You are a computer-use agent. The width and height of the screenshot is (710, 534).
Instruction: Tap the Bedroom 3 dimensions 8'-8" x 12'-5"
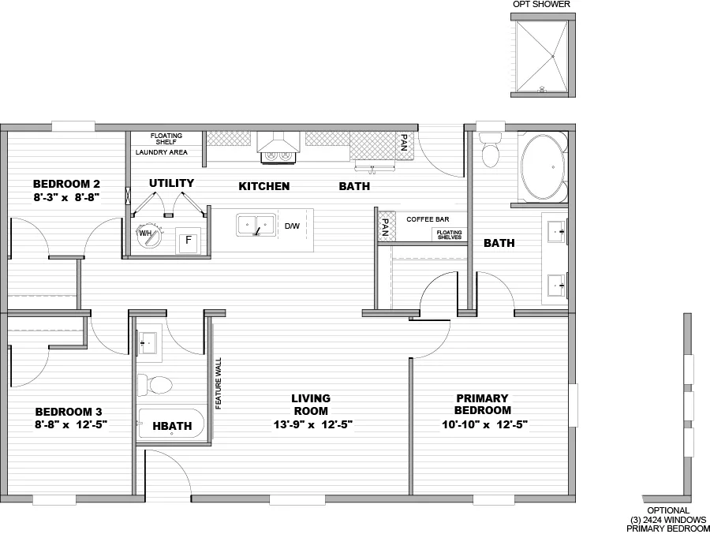point(71,424)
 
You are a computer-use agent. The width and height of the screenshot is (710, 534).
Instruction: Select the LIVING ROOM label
point(311,404)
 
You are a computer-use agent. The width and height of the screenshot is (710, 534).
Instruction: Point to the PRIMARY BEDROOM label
point(482,404)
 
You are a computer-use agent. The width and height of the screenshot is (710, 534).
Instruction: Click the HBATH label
point(172,426)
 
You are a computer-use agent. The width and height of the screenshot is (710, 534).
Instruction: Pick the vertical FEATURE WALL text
point(218,383)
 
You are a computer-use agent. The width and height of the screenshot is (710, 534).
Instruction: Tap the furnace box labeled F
point(189,241)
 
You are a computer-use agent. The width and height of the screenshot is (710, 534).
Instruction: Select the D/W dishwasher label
point(291,226)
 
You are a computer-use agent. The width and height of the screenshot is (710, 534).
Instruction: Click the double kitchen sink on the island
point(256,225)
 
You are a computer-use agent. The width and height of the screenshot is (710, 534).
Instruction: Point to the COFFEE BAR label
point(427,218)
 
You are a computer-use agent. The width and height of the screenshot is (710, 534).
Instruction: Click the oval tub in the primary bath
point(542,167)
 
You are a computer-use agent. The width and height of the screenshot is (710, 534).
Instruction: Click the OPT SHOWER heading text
point(541,5)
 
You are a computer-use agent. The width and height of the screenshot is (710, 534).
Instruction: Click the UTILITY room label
point(171,183)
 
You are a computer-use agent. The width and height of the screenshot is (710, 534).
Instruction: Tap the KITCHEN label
point(263,186)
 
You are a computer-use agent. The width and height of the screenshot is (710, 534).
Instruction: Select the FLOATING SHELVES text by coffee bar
point(447,234)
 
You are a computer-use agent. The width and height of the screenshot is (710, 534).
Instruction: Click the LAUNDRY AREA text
point(161,152)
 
